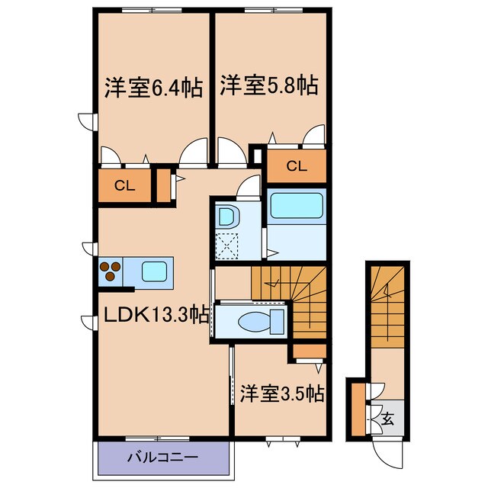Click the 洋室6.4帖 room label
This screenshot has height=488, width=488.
coord(152,87)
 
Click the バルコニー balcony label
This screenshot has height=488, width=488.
coord(162,459)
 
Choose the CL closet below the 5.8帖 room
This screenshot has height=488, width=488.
coord(296,165)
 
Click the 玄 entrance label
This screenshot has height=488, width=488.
coord(387,418)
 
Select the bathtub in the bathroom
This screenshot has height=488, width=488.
coord(297,207)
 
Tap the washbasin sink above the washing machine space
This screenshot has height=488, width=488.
coord(226,216)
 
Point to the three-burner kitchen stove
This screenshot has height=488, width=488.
coord(110,271)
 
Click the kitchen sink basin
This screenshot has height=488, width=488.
coord(155,271)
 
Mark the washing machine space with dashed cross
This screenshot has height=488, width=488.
coord(226,245)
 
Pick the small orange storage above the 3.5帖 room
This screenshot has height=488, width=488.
coord(310,351)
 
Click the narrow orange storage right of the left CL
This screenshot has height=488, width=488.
coord(163,185)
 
